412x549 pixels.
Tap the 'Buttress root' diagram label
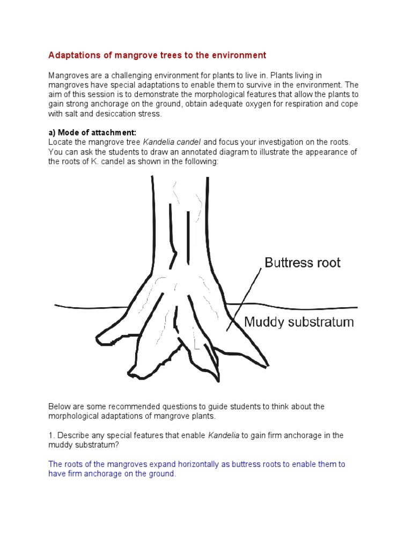[302, 263]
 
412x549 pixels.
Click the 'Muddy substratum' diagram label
[299, 322]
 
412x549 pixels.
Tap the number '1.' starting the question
[51, 436]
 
